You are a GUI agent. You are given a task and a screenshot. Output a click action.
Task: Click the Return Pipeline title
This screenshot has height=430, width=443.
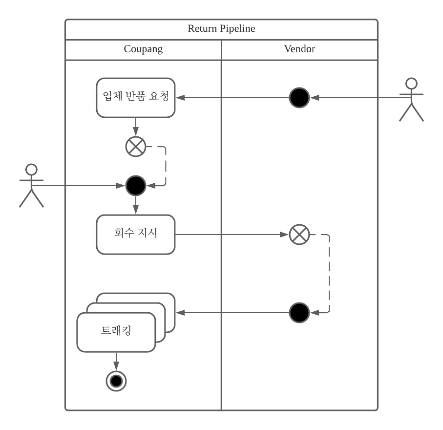pyautogui.click(x=221, y=29)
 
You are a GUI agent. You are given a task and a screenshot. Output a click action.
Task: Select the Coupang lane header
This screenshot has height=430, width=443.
pyautogui.click(x=143, y=49)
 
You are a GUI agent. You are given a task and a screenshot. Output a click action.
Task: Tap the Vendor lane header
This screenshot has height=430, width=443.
pyautogui.click(x=299, y=49)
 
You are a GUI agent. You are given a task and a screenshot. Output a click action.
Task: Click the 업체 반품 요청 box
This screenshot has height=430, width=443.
pyautogui.click(x=136, y=97)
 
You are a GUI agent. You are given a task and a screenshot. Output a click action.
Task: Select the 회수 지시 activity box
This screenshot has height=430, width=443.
pyautogui.click(x=136, y=234)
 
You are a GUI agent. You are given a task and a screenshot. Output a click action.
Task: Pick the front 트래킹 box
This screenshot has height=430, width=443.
pyautogui.click(x=116, y=332)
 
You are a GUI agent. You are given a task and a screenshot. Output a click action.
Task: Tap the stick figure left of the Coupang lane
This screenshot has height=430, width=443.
pyautogui.click(x=31, y=186)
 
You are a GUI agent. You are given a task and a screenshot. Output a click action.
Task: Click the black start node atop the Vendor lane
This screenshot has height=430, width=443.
pyautogui.click(x=299, y=98)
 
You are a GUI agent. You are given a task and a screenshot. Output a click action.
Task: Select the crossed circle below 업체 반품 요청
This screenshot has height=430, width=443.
pyautogui.click(x=136, y=147)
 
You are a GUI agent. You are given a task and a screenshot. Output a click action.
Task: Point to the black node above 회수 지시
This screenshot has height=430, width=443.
pyautogui.click(x=136, y=186)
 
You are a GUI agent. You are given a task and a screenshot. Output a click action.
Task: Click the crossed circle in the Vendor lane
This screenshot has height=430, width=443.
pyautogui.click(x=299, y=235)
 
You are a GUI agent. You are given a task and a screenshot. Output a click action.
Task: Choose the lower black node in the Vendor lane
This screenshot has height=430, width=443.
pyautogui.click(x=299, y=313)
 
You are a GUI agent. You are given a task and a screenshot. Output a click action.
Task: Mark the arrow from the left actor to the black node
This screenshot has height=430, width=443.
pyautogui.click(x=78, y=186)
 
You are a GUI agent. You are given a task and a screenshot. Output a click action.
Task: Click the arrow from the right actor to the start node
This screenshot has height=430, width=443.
pyautogui.click(x=357, y=98)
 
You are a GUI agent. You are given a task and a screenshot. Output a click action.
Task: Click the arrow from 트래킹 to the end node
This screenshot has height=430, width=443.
pyautogui.click(x=116, y=362)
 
